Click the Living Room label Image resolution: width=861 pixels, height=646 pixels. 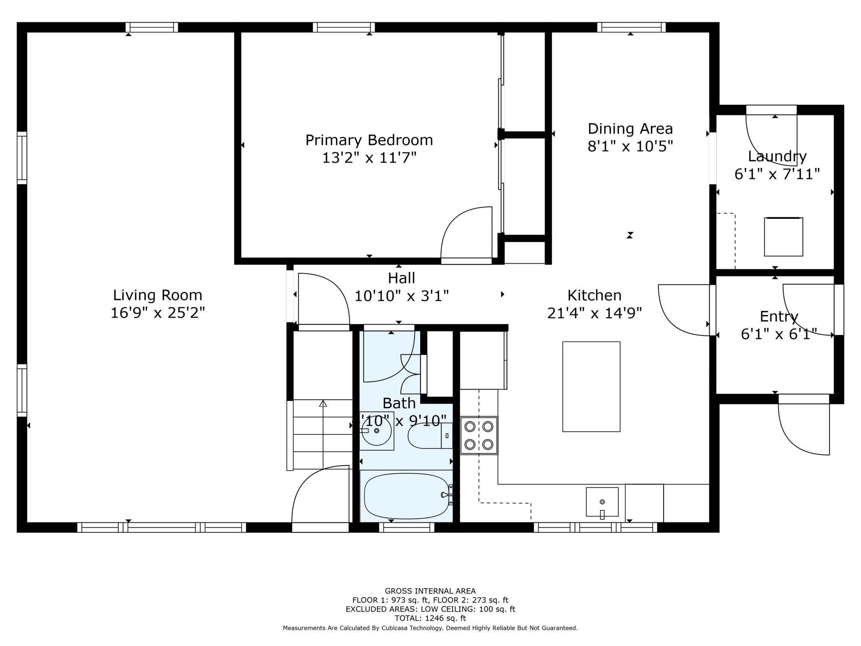click(157, 295)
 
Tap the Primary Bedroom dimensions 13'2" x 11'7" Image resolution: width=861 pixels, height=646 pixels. click(369, 158)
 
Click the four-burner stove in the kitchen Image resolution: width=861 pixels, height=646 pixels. click(479, 435)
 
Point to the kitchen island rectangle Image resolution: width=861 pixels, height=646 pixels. click(591, 386)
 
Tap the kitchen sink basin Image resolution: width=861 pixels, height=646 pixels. click(602, 501)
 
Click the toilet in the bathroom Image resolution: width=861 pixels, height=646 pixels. click(429, 436)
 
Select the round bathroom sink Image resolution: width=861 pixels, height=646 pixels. click(376, 431)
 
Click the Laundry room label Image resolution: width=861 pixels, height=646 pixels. click(777, 156)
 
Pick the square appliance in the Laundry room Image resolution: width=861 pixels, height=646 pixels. click(783, 237)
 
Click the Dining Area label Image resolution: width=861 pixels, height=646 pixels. click(630, 129)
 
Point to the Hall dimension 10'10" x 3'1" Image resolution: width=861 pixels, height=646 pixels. click(401, 296)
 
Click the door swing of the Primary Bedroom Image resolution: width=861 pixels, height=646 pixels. click(466, 234)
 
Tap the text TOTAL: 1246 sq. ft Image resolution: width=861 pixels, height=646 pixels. click(430, 618)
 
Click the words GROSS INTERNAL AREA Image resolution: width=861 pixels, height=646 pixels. click(430, 591)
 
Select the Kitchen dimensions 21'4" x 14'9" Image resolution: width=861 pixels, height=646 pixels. click(594, 313)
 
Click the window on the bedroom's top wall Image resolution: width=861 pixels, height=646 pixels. click(344, 27)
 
